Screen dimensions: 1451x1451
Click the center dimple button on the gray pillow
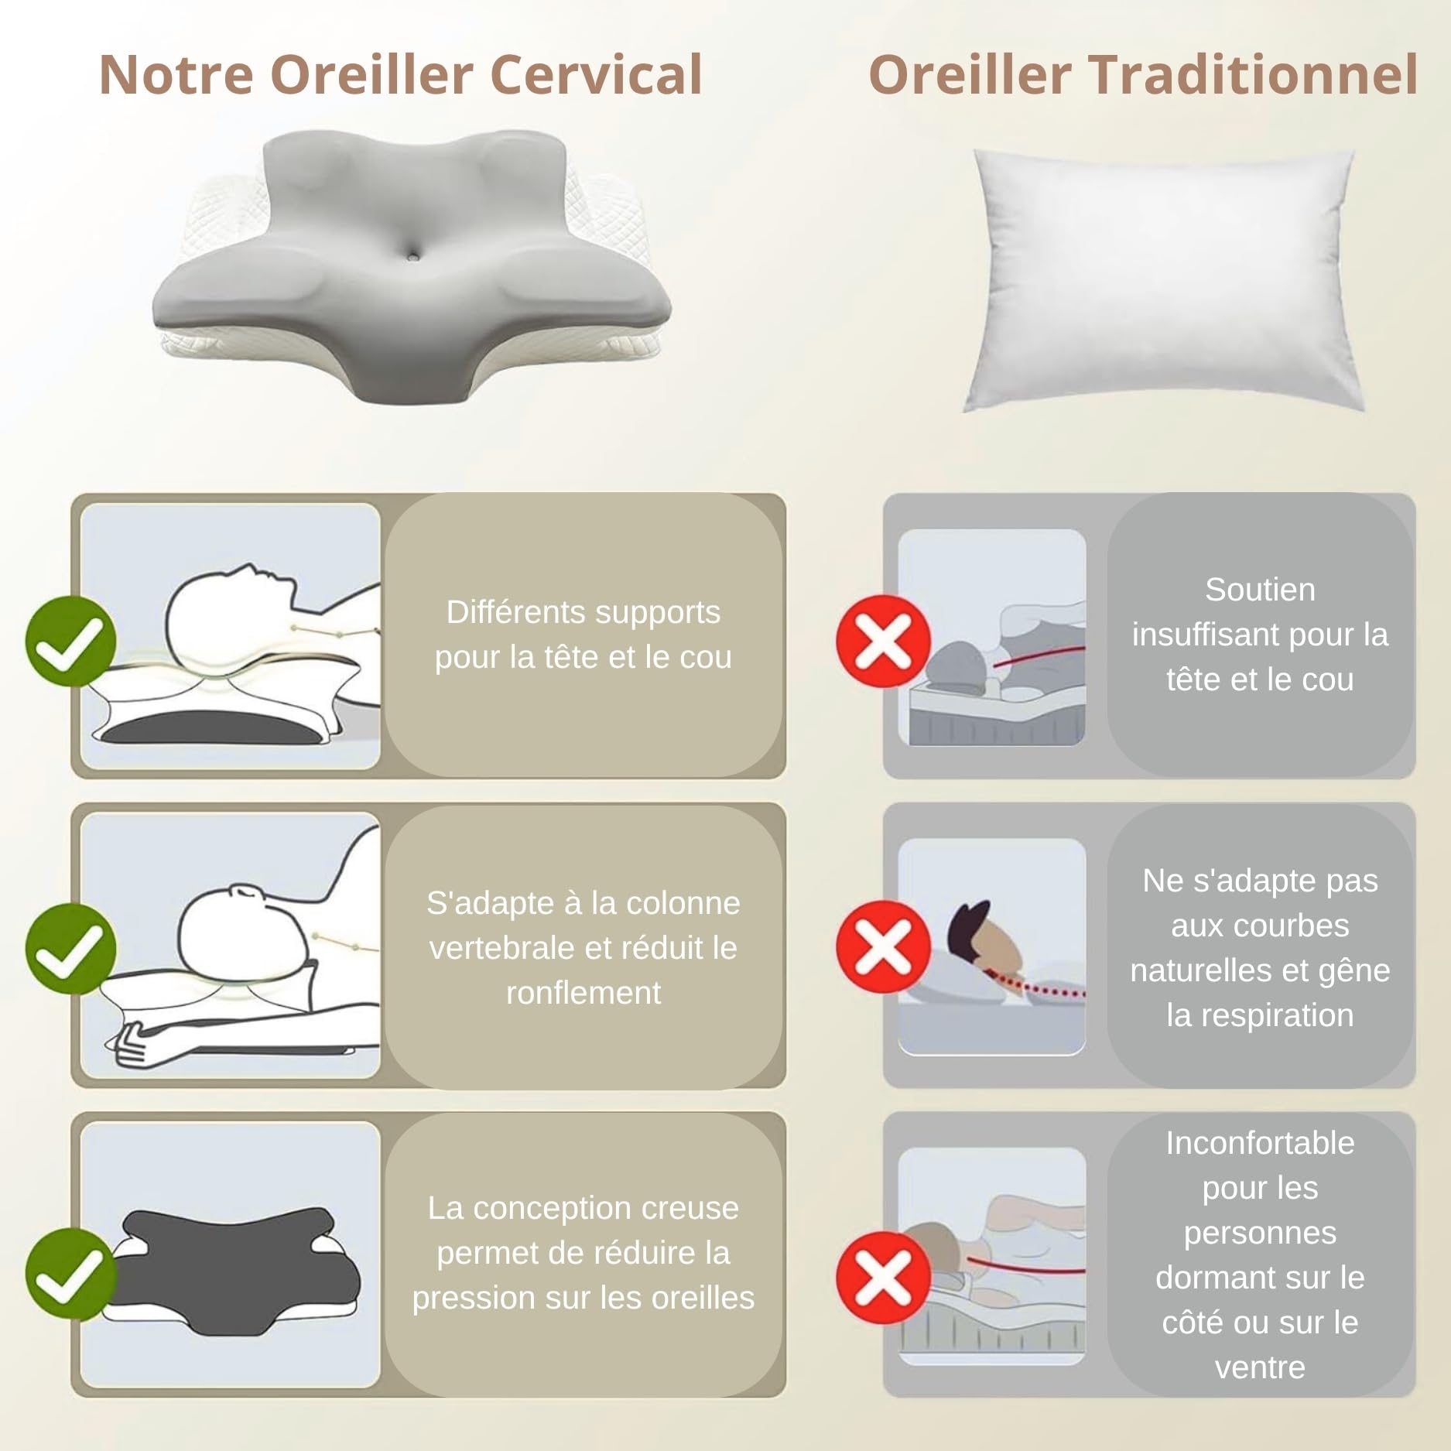[x=416, y=254]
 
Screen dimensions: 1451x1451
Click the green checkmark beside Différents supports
[x=70, y=641]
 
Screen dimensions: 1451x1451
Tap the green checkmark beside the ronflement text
[x=70, y=948]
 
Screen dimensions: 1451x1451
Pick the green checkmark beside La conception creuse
[x=70, y=1274]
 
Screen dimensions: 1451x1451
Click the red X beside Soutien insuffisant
[x=883, y=641]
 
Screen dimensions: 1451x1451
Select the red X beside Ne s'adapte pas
[x=883, y=946]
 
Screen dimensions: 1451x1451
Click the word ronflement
[x=583, y=993]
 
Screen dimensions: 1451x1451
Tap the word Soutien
[x=1260, y=590]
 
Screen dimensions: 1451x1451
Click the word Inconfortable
[x=1260, y=1143]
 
